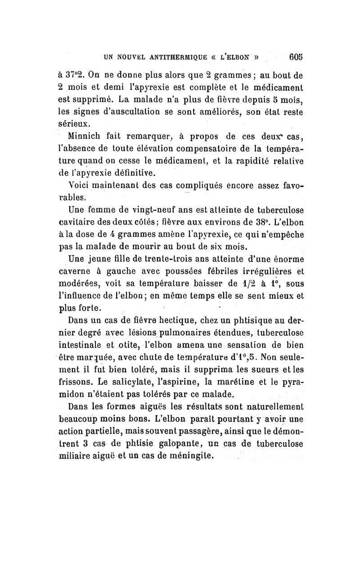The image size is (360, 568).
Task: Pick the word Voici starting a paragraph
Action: coord(78,185)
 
